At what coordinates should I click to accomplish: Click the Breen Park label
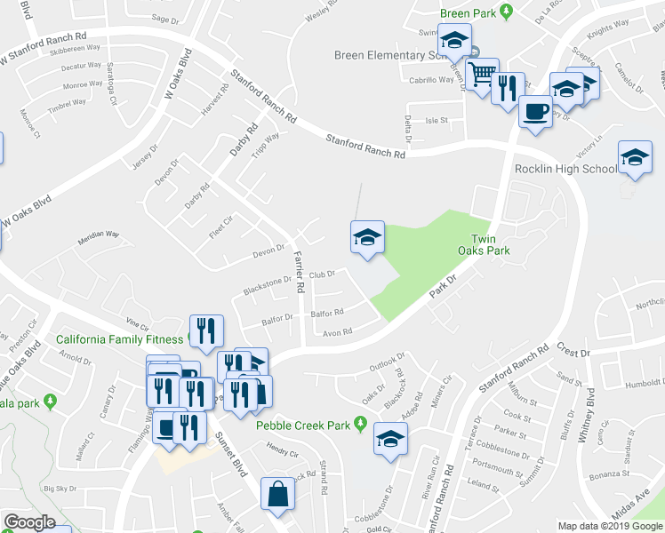tap(468, 13)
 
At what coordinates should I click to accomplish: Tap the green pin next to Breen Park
tap(506, 12)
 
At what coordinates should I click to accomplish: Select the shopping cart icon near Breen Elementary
tap(483, 75)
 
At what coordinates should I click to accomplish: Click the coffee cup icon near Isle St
tap(535, 112)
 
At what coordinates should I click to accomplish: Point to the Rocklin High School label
tap(565, 169)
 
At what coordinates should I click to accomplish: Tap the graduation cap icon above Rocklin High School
tap(635, 157)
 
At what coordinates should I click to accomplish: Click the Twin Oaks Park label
tap(490, 244)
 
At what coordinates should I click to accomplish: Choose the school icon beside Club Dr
tap(367, 237)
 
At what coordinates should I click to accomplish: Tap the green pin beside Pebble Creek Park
tap(360, 423)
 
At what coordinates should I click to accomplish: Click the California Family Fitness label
tap(118, 339)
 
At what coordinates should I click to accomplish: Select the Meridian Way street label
tap(98, 235)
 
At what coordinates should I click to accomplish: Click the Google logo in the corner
tap(28, 522)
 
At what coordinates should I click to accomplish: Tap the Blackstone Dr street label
tap(267, 286)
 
